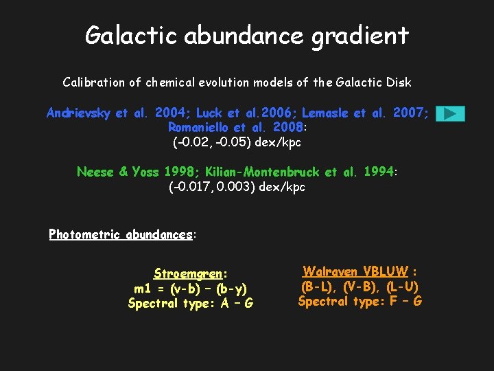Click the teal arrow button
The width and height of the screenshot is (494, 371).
coord(450,114)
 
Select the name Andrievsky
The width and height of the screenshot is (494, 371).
coord(78,113)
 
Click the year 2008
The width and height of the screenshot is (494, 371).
coord(287,128)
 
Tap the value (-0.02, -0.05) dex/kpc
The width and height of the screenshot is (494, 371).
coord(237,143)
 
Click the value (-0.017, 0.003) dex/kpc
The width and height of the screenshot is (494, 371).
coord(237,187)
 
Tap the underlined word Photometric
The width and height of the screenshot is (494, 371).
coord(84,235)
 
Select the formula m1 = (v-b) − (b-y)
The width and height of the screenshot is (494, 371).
coord(191,289)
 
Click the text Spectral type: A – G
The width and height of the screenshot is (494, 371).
coord(191,304)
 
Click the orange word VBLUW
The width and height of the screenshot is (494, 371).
coord(386,271)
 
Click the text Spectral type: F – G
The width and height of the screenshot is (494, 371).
coord(360,302)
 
